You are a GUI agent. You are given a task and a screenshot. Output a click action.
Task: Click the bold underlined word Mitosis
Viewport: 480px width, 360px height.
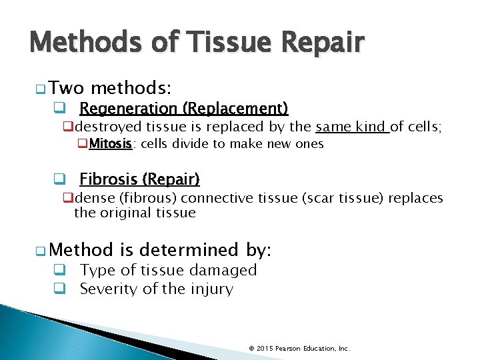(111, 143)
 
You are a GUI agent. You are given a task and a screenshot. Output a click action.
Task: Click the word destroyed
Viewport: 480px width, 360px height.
(109, 127)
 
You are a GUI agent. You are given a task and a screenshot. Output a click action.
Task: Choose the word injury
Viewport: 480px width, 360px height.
(211, 289)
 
